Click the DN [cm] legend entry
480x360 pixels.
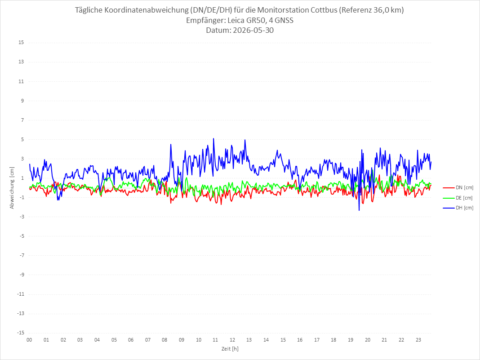click(x=458, y=188)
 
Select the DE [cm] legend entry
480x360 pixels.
click(x=458, y=198)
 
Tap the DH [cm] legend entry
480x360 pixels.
click(x=458, y=208)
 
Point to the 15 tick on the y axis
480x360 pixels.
click(x=21, y=43)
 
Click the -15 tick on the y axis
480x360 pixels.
click(x=20, y=333)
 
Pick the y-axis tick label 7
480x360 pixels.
click(x=22, y=120)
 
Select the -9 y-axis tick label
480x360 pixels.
click(x=22, y=275)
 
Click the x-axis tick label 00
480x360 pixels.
click(x=29, y=340)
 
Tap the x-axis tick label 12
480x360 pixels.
click(x=232, y=340)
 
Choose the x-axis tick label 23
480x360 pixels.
click(x=418, y=340)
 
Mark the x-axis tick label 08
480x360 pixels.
click(x=164, y=340)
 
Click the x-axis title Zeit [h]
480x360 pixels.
click(x=230, y=349)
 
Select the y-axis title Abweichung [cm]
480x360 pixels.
click(x=12, y=188)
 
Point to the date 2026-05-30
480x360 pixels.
click(x=253, y=30)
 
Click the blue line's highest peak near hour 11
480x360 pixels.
click(x=213, y=138)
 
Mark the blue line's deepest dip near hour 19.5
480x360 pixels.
click(x=359, y=210)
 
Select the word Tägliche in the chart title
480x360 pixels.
click(x=89, y=10)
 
